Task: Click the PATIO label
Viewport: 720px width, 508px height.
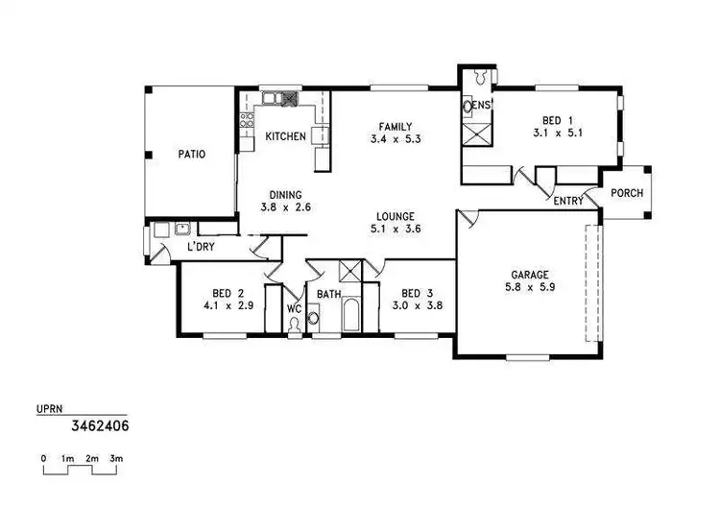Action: pyautogui.click(x=192, y=154)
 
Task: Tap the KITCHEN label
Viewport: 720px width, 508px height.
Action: pyautogui.click(x=285, y=137)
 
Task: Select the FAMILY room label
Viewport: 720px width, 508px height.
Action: pyautogui.click(x=395, y=127)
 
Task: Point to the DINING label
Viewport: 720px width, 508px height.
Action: pyautogui.click(x=285, y=193)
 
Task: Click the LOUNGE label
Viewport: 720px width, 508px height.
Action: pyautogui.click(x=395, y=217)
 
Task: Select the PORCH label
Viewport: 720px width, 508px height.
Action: pyautogui.click(x=627, y=193)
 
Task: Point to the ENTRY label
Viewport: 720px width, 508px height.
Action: pyautogui.click(x=568, y=201)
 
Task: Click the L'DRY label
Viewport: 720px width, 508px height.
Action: pyautogui.click(x=200, y=247)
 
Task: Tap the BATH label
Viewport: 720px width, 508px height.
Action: pyautogui.click(x=329, y=294)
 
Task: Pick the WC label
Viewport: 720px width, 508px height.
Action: pyautogui.click(x=295, y=309)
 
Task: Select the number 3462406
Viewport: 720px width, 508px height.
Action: pyautogui.click(x=101, y=423)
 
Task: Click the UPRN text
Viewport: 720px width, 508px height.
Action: pyautogui.click(x=49, y=409)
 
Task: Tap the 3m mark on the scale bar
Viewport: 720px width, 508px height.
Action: pyautogui.click(x=116, y=460)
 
